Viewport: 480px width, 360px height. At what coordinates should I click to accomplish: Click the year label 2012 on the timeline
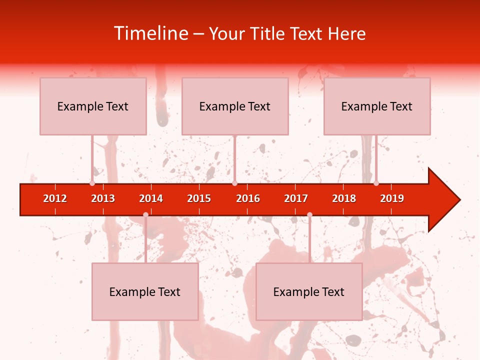coord(55,198)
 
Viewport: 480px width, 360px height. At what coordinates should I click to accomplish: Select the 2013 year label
coord(103,198)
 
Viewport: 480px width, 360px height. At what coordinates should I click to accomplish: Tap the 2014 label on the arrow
coord(151,198)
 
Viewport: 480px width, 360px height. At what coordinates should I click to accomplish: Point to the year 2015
coord(199,198)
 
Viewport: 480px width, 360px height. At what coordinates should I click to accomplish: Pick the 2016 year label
coord(248,198)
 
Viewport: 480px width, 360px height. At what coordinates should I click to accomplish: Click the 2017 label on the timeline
coord(296,198)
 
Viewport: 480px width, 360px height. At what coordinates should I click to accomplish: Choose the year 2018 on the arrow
coord(344,198)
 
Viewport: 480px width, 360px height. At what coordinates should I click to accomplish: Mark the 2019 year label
coord(392,198)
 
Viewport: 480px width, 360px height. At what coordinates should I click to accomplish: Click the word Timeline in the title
coord(150,33)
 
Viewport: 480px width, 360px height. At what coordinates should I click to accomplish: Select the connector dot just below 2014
coord(145,214)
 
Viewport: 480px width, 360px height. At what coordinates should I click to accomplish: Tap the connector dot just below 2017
coord(309,214)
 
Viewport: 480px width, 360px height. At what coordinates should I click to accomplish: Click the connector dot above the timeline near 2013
coord(92,183)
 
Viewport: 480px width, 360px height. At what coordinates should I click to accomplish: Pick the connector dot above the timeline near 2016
coord(234,183)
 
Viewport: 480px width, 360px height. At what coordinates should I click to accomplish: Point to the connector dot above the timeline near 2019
coord(376,183)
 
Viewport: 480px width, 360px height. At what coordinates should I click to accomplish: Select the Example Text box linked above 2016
coord(235,106)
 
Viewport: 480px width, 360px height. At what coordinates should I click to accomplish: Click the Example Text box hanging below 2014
coord(145,291)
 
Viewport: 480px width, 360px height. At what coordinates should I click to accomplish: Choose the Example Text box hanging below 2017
coord(309,291)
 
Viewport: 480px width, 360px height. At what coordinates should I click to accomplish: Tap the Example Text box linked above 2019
coord(377,106)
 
